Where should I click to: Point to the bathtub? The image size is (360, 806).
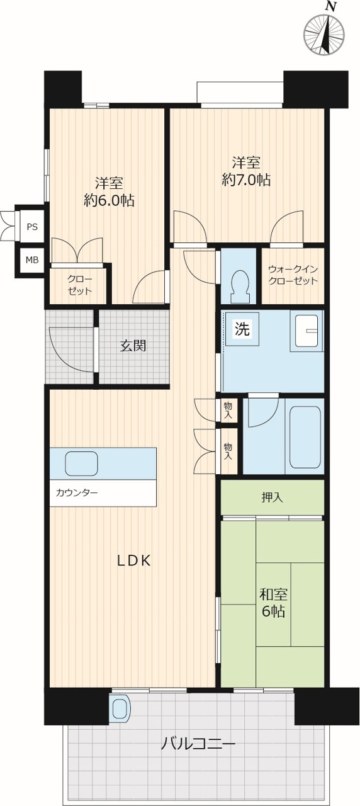point(305,437)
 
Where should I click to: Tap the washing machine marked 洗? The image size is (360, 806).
point(242,329)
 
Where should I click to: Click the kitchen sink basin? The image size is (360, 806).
point(82,463)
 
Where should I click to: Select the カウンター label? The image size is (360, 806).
point(77,492)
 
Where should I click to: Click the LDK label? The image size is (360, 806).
point(134,560)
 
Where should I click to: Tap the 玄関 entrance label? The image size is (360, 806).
point(133,346)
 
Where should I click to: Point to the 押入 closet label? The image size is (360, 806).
point(272,497)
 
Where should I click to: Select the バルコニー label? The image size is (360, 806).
point(198,742)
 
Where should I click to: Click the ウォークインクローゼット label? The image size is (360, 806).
point(293,275)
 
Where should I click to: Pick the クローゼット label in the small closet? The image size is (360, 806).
point(79,285)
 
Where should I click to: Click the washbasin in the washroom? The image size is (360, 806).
point(307,331)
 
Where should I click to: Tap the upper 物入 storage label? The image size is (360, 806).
point(228,411)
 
